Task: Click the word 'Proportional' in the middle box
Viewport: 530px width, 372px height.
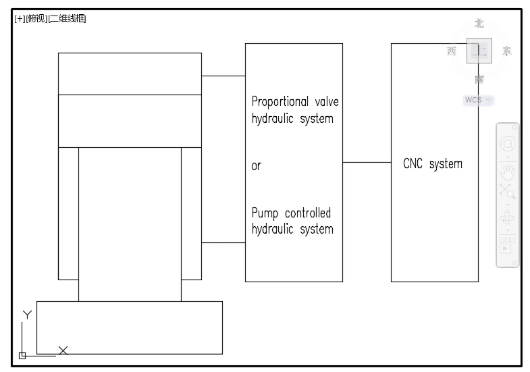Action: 279,102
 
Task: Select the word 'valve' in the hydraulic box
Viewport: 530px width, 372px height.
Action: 326,102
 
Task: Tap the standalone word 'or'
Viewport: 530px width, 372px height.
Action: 256,166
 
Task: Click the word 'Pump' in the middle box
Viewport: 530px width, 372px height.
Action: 265,213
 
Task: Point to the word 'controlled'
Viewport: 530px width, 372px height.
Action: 308,213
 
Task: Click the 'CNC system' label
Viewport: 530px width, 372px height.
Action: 432,163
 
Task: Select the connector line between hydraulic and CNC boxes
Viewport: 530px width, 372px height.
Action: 367,163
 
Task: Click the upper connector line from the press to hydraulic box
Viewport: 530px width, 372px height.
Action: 223,76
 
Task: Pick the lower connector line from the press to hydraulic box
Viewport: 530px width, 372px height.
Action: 223,242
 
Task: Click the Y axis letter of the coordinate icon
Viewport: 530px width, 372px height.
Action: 27,315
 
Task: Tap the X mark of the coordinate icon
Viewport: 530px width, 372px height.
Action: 63,350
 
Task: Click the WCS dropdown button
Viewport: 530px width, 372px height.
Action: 478,100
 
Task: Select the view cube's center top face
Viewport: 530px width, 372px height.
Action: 479,51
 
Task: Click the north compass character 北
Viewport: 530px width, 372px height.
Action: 479,24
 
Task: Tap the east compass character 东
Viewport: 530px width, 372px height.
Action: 506,51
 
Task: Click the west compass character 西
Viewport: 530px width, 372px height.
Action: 452,51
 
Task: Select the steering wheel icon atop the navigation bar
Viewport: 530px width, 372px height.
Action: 507,144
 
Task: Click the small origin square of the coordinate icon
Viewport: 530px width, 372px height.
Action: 22,355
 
